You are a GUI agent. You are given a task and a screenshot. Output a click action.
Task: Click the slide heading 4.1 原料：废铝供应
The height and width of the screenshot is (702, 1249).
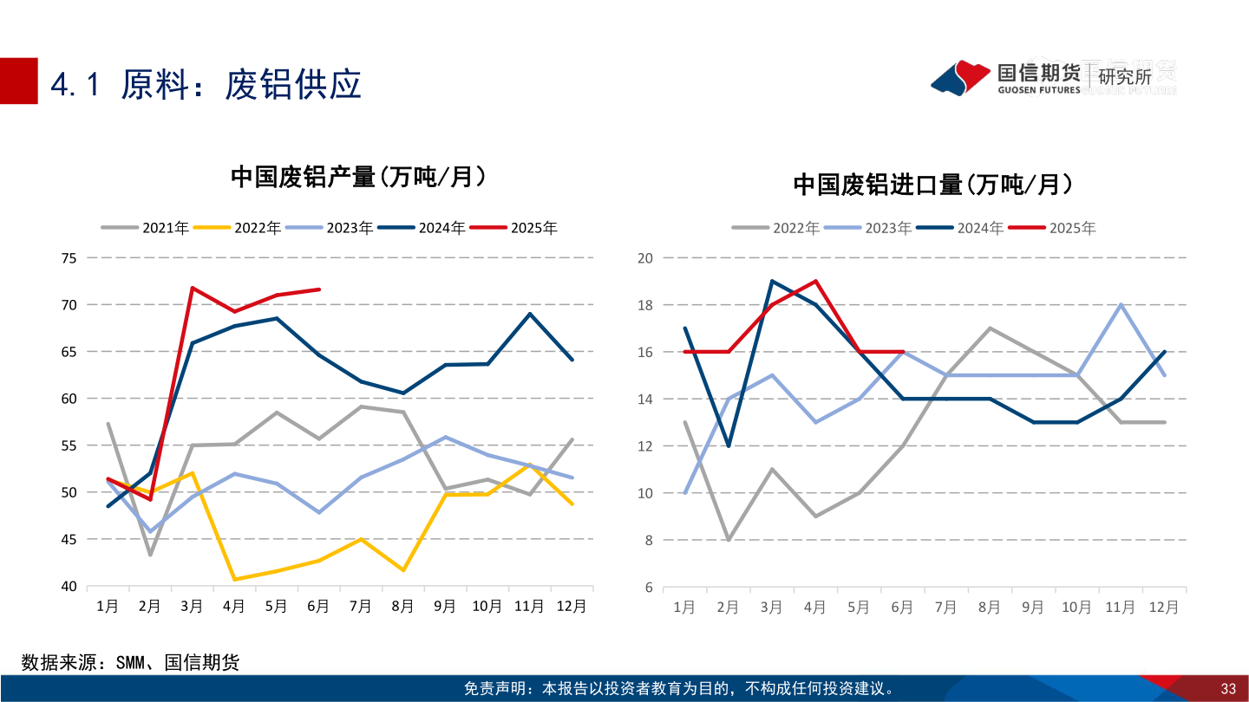[206, 84]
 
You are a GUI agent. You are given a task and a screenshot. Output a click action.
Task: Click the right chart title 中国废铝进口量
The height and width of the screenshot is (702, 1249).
[932, 185]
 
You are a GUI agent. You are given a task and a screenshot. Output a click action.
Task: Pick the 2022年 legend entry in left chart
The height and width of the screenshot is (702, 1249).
[257, 228]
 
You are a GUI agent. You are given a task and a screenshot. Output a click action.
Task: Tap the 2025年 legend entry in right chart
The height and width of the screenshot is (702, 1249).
[1072, 228]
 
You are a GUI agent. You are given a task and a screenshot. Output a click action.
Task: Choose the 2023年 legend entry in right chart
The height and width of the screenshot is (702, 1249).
[887, 228]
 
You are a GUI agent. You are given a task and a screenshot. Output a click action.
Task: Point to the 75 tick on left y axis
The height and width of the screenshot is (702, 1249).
[69, 258]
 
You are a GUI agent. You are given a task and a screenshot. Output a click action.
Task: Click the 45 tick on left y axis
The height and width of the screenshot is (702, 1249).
[69, 539]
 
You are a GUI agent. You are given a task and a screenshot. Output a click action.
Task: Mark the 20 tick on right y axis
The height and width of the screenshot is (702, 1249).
[644, 258]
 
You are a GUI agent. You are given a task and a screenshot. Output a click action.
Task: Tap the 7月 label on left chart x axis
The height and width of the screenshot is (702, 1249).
[361, 607]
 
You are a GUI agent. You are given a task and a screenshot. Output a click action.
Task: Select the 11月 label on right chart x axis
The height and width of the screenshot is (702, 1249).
[1120, 608]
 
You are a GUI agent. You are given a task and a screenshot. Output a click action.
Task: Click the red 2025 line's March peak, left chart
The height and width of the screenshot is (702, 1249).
[192, 288]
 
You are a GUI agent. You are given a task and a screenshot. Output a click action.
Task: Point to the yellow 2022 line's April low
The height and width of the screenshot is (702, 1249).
[234, 579]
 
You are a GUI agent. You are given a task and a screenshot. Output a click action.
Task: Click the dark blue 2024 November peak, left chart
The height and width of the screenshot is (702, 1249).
[530, 314]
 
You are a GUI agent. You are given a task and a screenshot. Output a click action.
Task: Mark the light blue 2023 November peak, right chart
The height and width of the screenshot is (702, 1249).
[1121, 304]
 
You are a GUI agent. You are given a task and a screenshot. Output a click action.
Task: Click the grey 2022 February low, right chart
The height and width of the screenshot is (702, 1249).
[728, 540]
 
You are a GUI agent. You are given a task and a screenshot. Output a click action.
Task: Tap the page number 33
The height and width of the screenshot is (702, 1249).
[1227, 689]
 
